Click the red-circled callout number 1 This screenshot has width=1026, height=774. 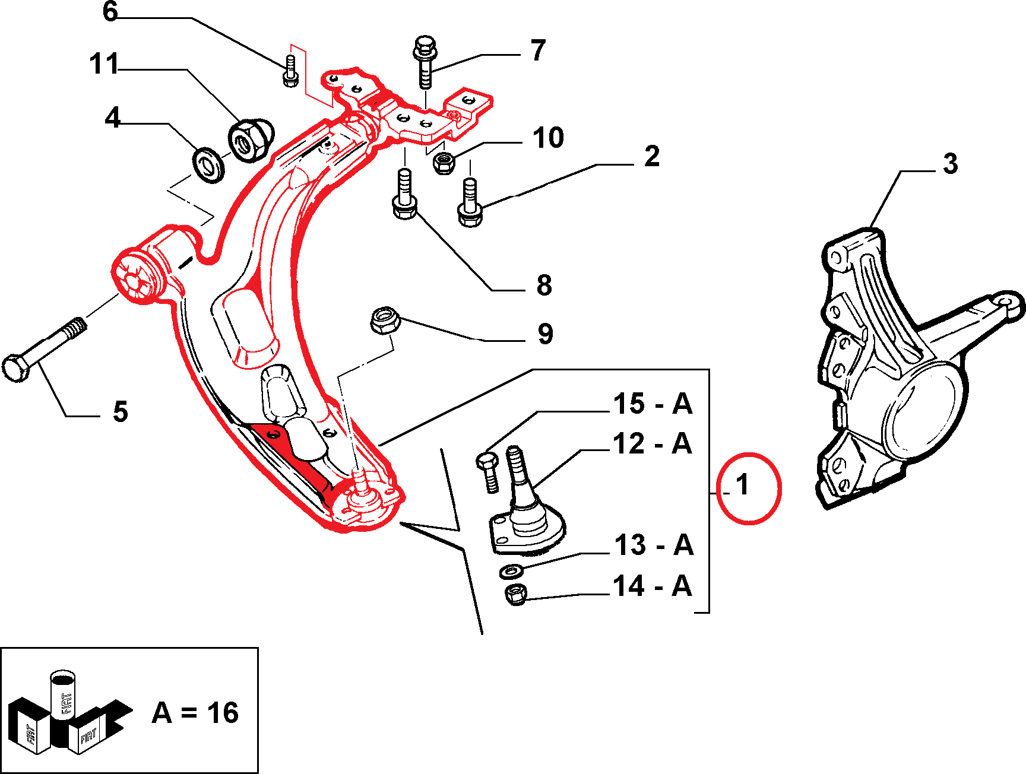pos(743,486)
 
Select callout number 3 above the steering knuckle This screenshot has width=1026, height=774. pos(950,163)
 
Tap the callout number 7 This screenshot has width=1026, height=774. pos(538,50)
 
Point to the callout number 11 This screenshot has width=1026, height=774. pos(104,64)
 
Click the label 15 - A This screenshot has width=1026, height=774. pos(653,404)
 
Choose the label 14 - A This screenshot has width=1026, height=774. pos(653,586)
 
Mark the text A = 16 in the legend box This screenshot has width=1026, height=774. pos(195,712)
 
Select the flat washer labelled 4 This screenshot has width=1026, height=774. pos(208,164)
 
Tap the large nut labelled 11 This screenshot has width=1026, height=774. pos(250,140)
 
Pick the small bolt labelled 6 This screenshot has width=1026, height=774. pos(290,71)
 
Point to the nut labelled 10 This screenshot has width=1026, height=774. pos(443,163)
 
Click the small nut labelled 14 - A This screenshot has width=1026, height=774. pos(516,594)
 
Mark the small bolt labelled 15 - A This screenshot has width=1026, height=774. pos(489,472)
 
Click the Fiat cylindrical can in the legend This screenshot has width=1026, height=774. pos(62,694)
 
